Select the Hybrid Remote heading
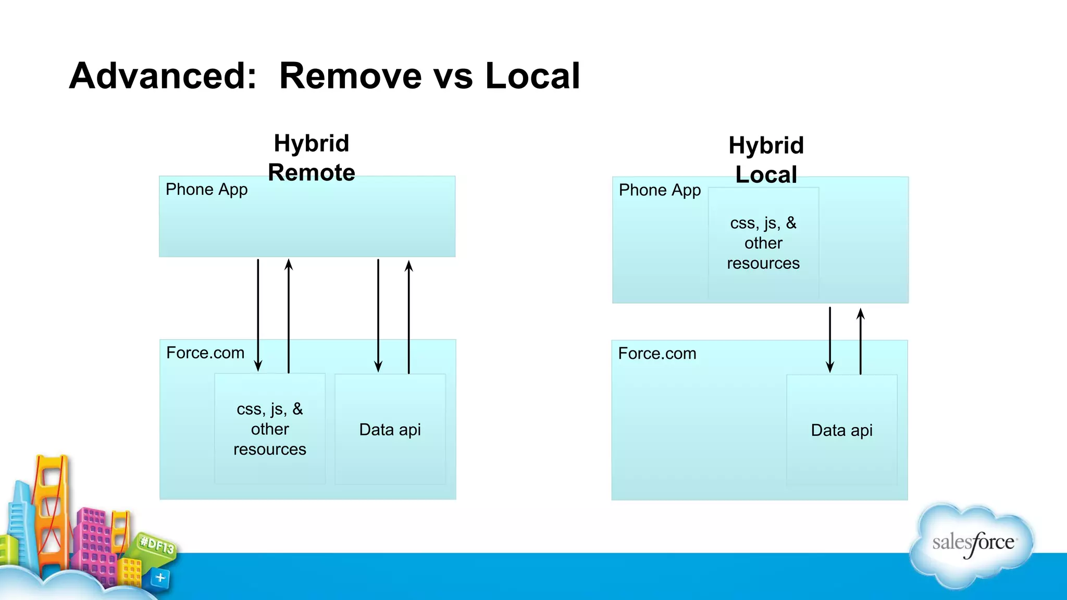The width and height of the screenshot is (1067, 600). [x=312, y=158]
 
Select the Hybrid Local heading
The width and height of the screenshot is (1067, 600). [x=766, y=160]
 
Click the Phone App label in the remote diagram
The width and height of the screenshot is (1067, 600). [x=206, y=190]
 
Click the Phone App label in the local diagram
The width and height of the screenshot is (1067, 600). [x=660, y=191]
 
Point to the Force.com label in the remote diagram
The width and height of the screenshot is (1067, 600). [x=205, y=353]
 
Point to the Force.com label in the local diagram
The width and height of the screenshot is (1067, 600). [x=657, y=354]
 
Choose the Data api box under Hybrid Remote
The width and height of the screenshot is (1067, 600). [x=390, y=429]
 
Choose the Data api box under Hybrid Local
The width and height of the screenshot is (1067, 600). [x=841, y=430]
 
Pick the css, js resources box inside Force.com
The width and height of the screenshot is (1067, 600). [x=270, y=429]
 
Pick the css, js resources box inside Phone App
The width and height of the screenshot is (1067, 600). [x=763, y=243]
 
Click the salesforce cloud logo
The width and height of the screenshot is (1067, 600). [x=973, y=544]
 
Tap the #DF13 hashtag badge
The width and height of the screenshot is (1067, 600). [x=156, y=546]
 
